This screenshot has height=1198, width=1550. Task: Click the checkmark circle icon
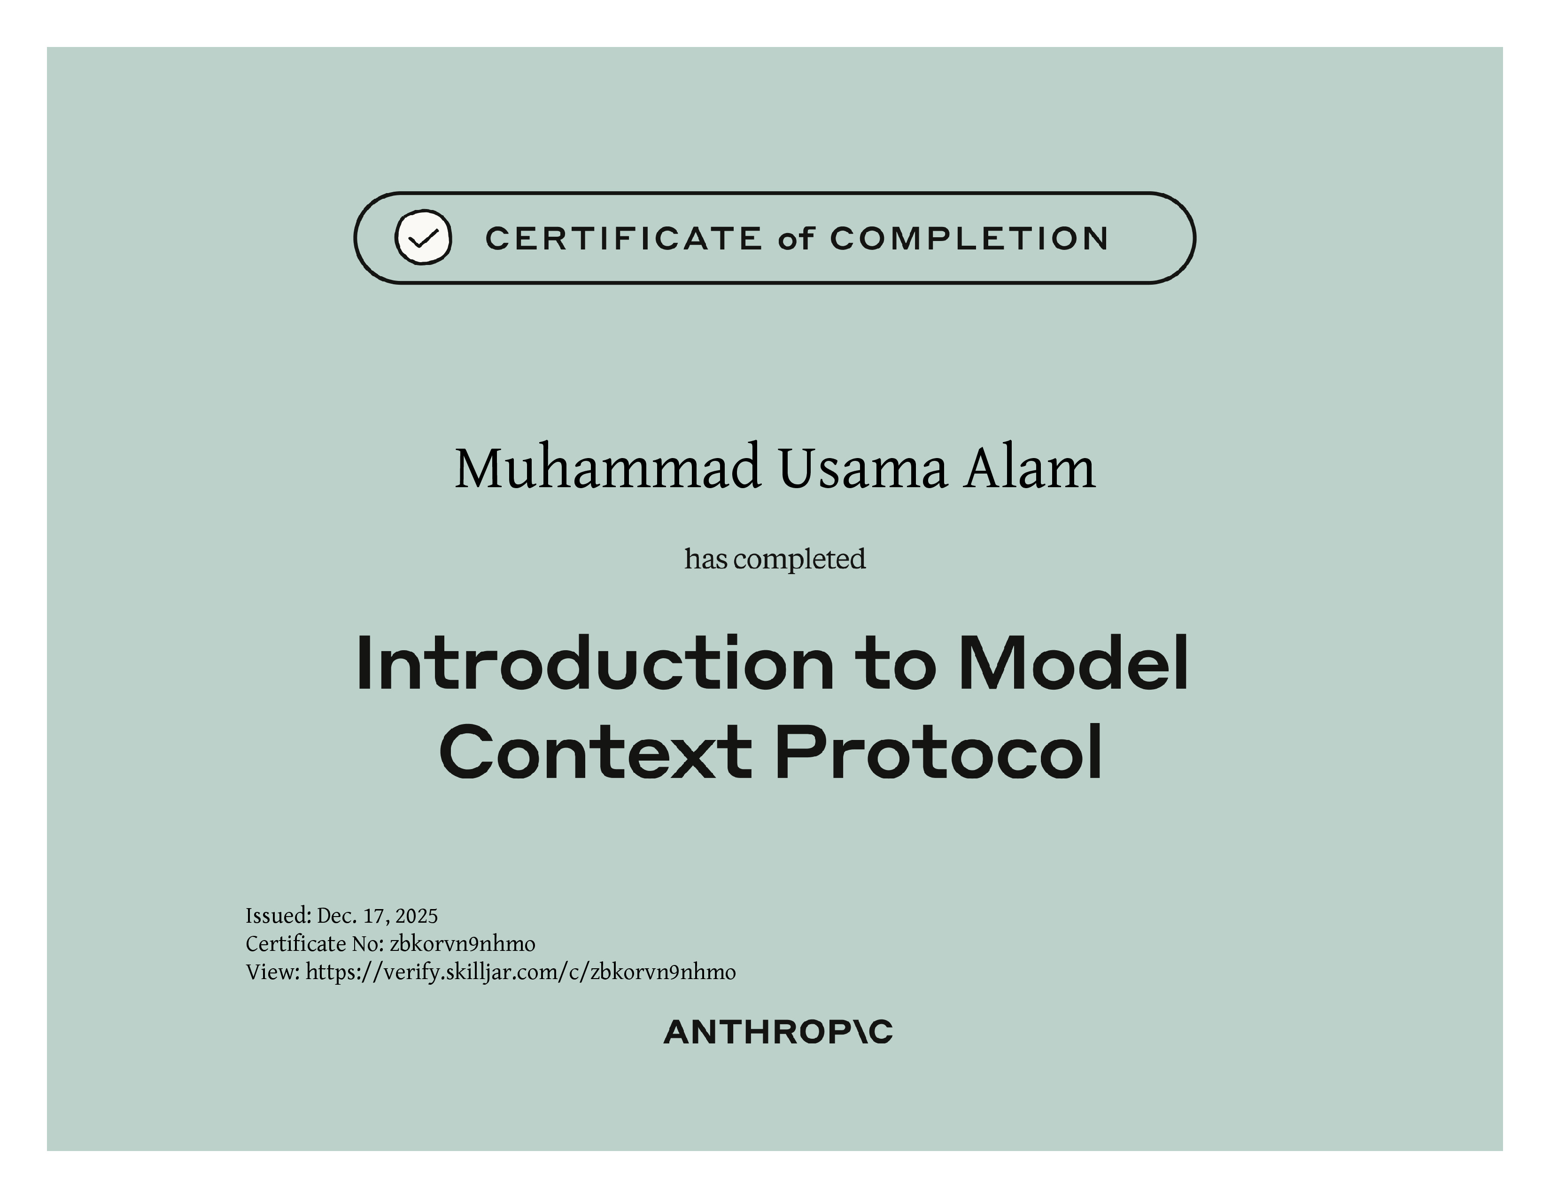pos(423,238)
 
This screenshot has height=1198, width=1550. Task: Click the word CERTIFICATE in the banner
pos(623,239)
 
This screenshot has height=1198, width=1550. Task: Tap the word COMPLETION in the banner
pos(969,239)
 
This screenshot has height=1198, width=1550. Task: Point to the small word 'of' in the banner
pos(796,239)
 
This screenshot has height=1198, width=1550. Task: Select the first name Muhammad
pos(608,468)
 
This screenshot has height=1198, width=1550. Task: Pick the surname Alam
pos(1029,468)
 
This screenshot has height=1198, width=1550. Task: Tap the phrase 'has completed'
pos(775,559)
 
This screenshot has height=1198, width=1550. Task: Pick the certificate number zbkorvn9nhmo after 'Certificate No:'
pos(463,944)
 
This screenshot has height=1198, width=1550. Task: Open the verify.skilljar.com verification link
pos(521,972)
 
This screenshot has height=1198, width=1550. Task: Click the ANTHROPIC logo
pos(778,1033)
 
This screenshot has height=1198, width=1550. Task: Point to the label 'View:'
pos(273,972)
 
